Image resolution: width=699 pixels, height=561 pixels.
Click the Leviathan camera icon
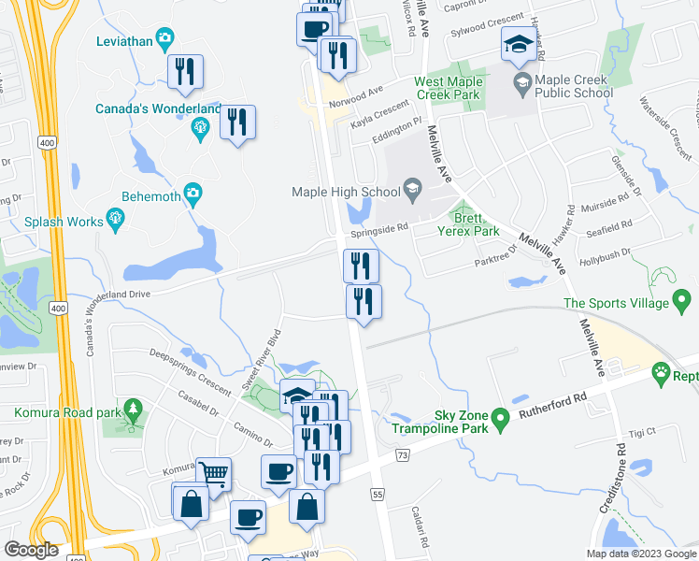pos(164,39)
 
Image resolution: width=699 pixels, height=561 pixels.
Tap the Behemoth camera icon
pos(193,194)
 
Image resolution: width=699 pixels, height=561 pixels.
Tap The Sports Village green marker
pos(682,302)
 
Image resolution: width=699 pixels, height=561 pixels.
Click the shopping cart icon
pos(215,475)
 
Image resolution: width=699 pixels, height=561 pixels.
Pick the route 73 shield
pos(403,454)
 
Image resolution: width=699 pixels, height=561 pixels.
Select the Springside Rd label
pos(379,227)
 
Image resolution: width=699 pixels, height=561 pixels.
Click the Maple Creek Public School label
pos(563,87)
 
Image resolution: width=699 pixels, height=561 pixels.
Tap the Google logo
pos(31,550)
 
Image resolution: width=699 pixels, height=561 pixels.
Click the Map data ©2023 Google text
pos(640,554)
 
